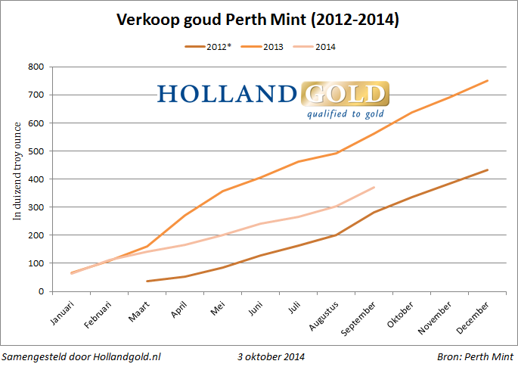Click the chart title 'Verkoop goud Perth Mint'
click(x=258, y=19)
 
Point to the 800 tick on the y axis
click(x=36, y=67)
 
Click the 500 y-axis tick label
click(x=36, y=151)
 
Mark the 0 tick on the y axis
click(x=41, y=291)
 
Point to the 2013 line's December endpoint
click(x=488, y=81)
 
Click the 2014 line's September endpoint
click(x=374, y=188)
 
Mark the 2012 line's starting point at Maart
click(x=147, y=281)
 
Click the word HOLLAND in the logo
click(x=227, y=95)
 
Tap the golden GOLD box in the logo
click(x=345, y=95)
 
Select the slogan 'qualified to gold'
click(x=345, y=114)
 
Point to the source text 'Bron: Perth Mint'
click(x=473, y=356)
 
